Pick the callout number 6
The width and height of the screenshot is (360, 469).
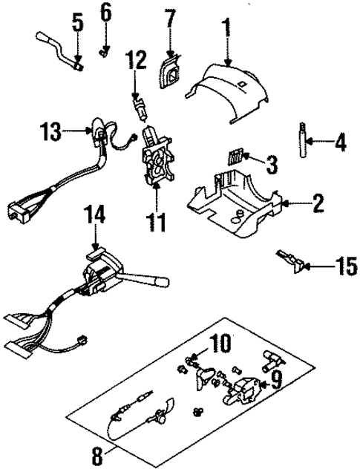105,12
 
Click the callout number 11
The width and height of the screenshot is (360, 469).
157,220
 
